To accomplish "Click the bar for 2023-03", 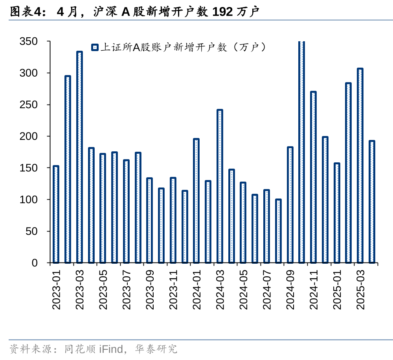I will [x=79, y=157].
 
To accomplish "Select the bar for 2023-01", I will [x=56, y=214].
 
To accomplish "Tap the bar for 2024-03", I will [x=220, y=186].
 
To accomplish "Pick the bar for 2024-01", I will [x=196, y=201].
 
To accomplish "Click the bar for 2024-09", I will [x=290, y=205].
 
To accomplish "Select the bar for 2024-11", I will [x=313, y=177].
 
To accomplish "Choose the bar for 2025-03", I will [x=360, y=165].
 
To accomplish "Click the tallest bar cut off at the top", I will [x=301, y=152].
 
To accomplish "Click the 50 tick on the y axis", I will [x=31, y=231].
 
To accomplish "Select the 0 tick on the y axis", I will [x=35, y=263].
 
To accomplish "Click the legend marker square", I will [x=94, y=48].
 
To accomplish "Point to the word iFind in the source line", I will [x=111, y=349].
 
